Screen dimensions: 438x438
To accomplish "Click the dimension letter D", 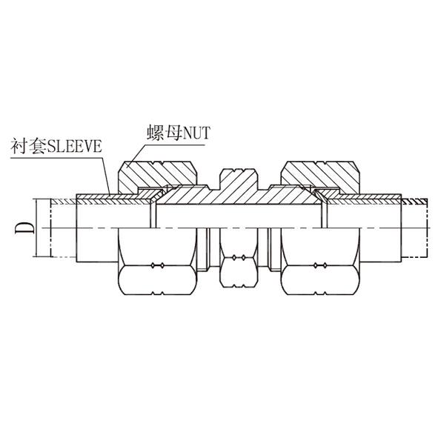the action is click(24, 228).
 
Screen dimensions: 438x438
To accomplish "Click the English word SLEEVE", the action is click(74, 146).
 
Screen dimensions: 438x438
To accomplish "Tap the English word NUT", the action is click(196, 133).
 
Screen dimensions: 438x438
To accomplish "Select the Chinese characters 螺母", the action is click(165, 133).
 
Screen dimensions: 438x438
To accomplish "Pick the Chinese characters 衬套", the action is click(28, 146).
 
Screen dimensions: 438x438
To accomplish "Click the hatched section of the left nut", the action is click(156, 176).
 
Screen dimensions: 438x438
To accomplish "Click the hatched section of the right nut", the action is click(320, 176).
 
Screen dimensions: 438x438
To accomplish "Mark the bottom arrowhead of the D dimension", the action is click(36, 254).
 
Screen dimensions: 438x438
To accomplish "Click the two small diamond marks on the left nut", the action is click(158, 265).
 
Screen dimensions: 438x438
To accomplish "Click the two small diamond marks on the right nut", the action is click(320, 265).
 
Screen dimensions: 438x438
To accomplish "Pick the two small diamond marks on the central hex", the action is click(239, 258).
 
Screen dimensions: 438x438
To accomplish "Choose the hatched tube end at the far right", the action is click(414, 202).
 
